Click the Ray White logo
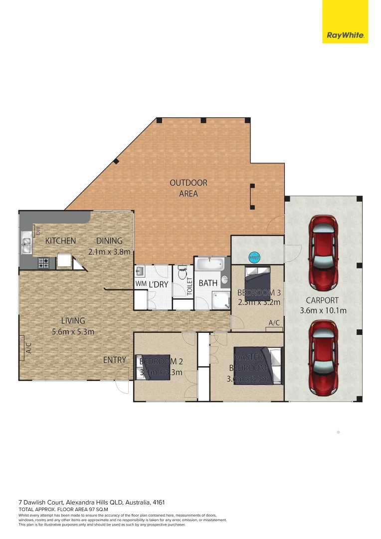click(345, 35)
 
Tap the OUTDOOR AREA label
click(189, 188)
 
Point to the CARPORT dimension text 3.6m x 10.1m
click(323, 310)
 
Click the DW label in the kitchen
click(38, 231)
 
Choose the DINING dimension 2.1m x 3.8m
click(109, 252)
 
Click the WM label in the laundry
click(140, 284)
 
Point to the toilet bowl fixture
click(183, 274)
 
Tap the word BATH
click(208, 283)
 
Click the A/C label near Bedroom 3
click(274, 323)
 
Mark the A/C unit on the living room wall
click(23, 347)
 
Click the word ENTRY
click(115, 360)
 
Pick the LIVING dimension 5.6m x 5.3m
click(73, 331)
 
